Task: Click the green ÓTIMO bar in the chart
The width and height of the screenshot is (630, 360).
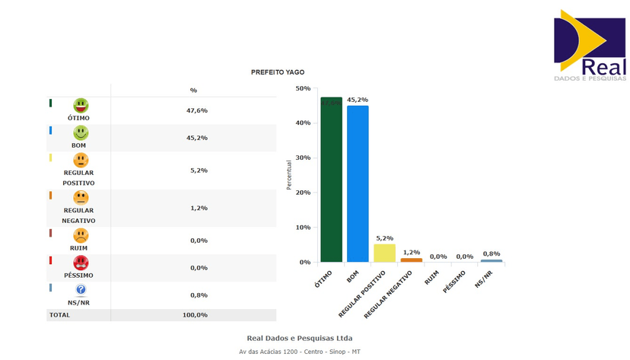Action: [x=331, y=183]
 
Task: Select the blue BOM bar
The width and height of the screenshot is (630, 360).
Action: [x=358, y=186]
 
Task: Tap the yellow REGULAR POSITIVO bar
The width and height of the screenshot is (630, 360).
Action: [x=384, y=253]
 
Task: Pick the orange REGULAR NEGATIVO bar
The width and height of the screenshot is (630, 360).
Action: [x=411, y=260]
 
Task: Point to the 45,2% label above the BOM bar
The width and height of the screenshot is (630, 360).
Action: [x=358, y=100]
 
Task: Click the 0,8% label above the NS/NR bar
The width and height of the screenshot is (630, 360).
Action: [x=492, y=253]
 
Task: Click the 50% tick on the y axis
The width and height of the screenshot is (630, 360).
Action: [x=304, y=89]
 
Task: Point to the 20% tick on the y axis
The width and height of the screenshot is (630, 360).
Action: [x=304, y=193]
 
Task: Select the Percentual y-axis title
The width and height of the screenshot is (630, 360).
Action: [x=289, y=175]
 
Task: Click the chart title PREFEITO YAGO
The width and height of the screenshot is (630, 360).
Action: [x=278, y=72]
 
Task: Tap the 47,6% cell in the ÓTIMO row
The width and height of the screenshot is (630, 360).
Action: [x=197, y=110]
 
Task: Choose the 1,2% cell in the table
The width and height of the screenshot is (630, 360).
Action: [x=197, y=208]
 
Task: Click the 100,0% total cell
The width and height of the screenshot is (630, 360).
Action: [x=195, y=315]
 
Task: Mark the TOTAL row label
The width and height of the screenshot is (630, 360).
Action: [x=59, y=315]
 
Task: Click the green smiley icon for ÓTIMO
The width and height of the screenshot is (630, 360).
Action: [x=81, y=106]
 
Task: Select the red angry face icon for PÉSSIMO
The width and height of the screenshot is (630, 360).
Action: [x=81, y=263]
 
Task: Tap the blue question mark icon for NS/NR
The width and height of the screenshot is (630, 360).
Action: [x=81, y=290]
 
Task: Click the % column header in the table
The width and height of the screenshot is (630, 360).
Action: [x=193, y=91]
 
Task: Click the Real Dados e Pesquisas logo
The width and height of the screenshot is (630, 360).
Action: [x=590, y=46]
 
